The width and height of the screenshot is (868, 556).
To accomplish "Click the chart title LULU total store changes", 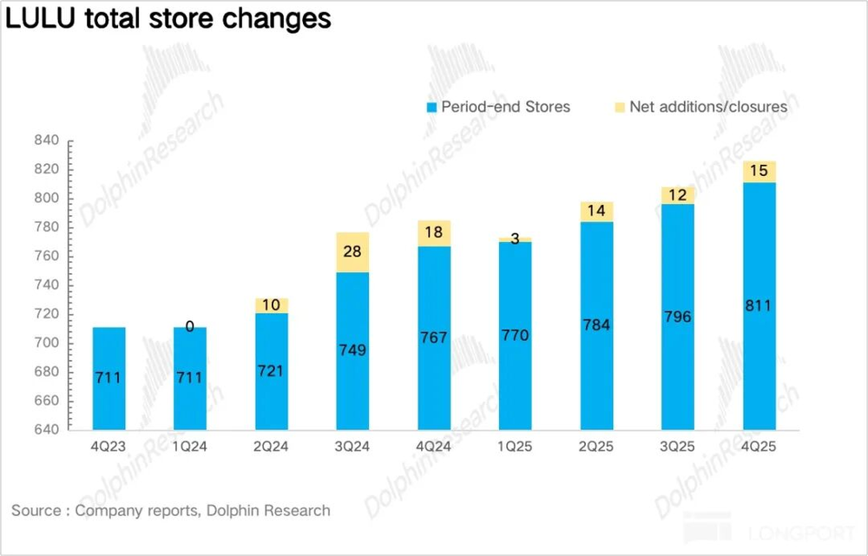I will [168, 19].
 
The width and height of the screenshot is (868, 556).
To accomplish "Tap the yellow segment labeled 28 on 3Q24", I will [352, 252].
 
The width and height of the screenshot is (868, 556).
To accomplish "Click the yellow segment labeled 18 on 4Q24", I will [433, 233].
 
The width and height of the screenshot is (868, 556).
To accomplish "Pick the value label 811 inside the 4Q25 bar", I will [759, 305].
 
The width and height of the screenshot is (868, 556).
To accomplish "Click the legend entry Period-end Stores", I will [498, 107].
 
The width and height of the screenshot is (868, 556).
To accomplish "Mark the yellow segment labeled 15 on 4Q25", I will [759, 172].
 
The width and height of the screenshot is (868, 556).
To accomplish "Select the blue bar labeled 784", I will [596, 325].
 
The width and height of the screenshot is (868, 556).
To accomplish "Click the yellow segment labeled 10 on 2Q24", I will [271, 305].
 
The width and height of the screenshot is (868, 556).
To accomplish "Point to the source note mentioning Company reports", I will [171, 510].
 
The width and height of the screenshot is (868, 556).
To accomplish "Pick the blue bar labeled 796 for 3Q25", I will [677, 317].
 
